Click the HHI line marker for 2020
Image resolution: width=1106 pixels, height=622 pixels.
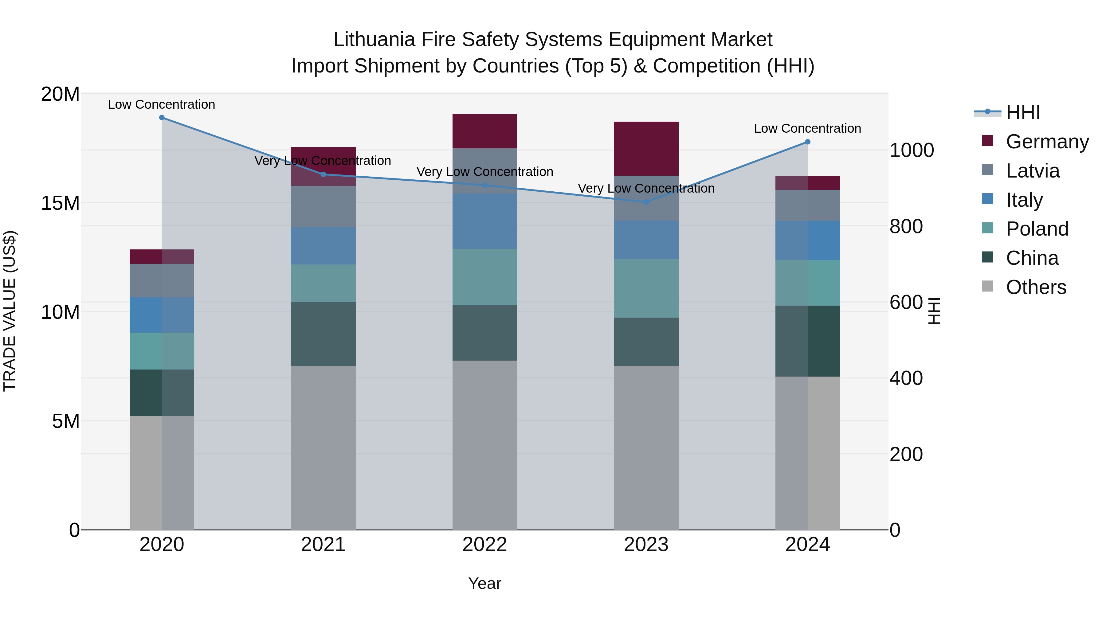(x=162, y=118)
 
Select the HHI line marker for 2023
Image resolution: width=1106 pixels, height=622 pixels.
(x=646, y=202)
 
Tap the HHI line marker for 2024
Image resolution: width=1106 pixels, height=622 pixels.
(x=808, y=142)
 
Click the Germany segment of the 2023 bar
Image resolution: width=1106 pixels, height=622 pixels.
(x=646, y=149)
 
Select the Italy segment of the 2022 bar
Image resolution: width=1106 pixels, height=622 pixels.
(x=485, y=221)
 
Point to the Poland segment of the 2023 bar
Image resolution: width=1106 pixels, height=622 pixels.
(x=646, y=288)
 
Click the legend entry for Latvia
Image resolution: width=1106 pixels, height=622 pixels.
(x=1032, y=171)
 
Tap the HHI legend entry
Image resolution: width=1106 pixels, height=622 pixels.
(x=1023, y=112)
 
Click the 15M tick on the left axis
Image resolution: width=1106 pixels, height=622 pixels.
(x=60, y=203)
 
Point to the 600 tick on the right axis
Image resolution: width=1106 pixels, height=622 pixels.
(x=906, y=302)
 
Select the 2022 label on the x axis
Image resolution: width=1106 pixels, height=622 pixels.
(x=485, y=545)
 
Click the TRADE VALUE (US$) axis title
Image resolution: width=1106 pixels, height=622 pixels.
(x=10, y=311)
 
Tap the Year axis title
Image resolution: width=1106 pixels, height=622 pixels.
(x=485, y=583)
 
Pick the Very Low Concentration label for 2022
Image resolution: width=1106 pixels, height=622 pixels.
(x=485, y=172)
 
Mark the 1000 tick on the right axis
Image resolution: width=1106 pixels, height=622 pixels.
(x=912, y=150)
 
